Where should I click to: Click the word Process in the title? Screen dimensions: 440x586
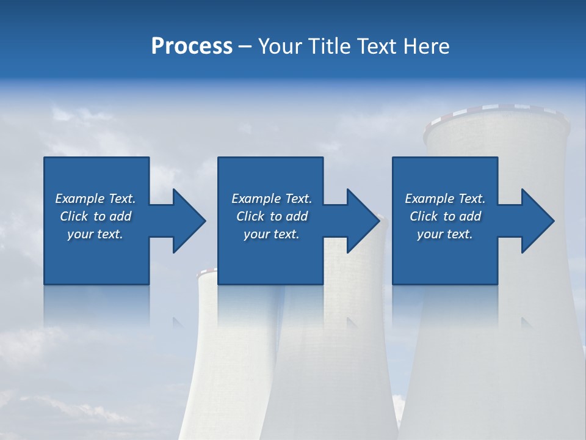click(x=192, y=46)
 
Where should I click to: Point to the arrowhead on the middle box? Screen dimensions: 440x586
click(x=362, y=221)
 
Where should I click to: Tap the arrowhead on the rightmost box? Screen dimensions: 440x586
click(x=537, y=221)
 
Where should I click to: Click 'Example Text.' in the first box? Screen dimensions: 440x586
click(x=95, y=199)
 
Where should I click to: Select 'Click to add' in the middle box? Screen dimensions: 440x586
click(x=272, y=216)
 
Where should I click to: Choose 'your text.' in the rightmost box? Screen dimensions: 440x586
click(x=445, y=234)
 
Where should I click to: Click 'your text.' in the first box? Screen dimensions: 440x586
click(x=95, y=234)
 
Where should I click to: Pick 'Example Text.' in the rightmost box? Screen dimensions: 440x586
click(x=445, y=199)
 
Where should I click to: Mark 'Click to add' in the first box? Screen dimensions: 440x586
click(x=95, y=216)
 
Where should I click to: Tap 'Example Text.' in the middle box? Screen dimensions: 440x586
click(x=272, y=199)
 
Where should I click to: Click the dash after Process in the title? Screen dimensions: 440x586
click(x=245, y=46)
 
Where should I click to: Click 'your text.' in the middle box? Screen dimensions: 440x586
click(x=272, y=234)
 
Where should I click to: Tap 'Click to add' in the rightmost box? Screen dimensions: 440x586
click(x=445, y=216)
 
